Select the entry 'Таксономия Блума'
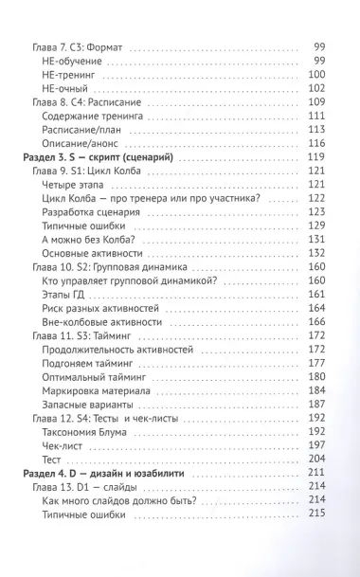point(87,431)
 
